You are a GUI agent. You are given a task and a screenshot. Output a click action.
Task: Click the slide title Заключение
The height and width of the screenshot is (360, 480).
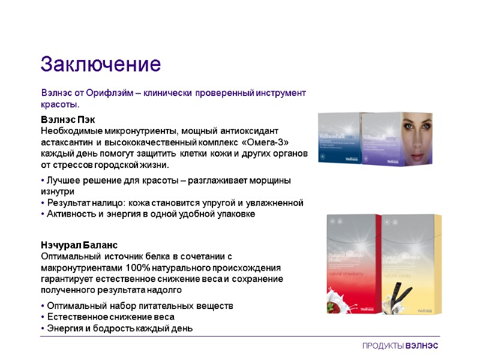[x=100, y=64]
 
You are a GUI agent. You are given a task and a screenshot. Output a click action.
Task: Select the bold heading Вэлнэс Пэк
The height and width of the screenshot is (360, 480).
[x=68, y=119]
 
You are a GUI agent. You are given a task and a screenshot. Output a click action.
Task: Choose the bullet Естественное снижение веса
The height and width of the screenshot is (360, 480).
[x=116, y=317]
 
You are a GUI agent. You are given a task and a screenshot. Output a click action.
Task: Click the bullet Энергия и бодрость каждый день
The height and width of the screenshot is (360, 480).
[x=116, y=328]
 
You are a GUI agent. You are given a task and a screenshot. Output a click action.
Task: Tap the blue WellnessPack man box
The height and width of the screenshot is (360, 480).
[x=338, y=139]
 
